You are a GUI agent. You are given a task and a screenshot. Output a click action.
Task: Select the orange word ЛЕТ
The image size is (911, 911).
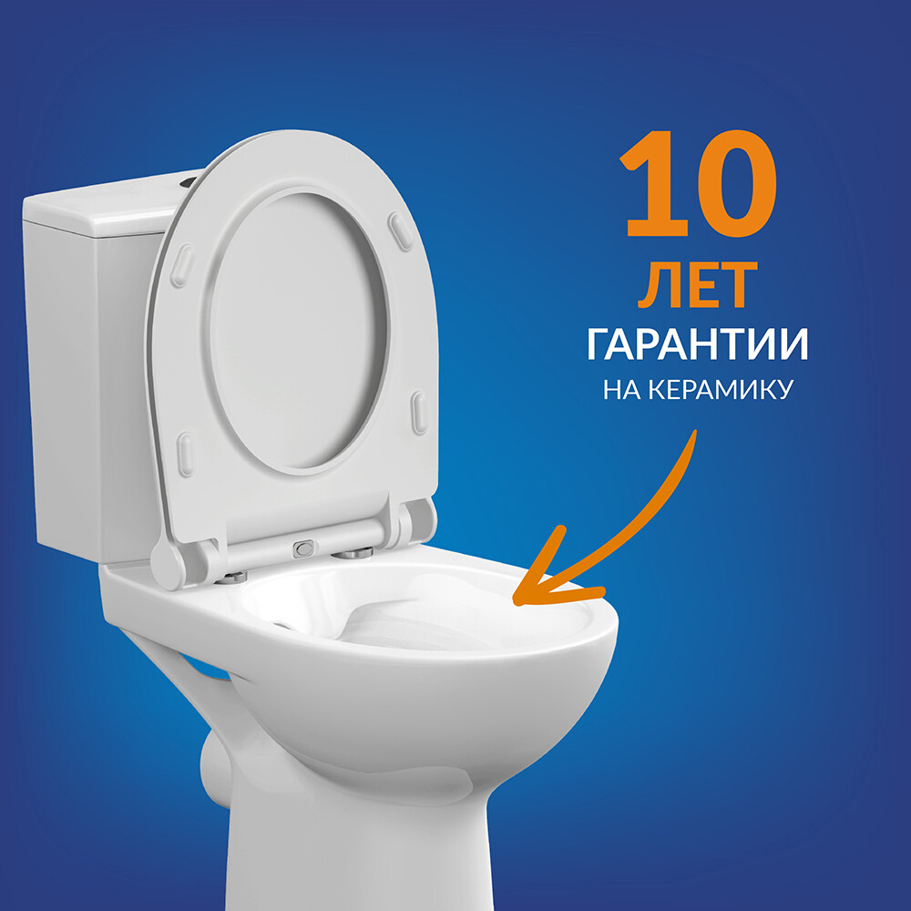(698, 284)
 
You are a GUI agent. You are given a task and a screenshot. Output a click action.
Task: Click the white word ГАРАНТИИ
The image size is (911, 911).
(698, 344)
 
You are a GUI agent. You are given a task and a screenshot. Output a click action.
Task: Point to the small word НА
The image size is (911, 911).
(622, 390)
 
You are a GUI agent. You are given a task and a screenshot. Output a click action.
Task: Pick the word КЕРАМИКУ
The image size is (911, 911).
(721, 390)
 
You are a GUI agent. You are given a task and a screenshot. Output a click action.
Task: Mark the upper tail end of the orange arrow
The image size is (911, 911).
(693, 432)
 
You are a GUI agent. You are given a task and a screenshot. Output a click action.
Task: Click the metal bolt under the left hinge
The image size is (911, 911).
(230, 577)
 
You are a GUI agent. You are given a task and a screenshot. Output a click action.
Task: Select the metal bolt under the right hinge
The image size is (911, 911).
(352, 554)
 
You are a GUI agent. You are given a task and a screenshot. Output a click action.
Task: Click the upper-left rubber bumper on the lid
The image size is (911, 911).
(182, 265)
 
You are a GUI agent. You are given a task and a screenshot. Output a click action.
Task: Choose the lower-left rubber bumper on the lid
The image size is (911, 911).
(185, 455)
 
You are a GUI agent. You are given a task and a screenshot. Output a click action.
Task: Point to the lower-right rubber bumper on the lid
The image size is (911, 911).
(419, 413)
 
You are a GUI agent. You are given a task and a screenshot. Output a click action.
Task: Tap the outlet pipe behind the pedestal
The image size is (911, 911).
(215, 766)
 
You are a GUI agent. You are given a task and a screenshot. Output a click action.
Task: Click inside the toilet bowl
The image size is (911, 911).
(418, 616)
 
